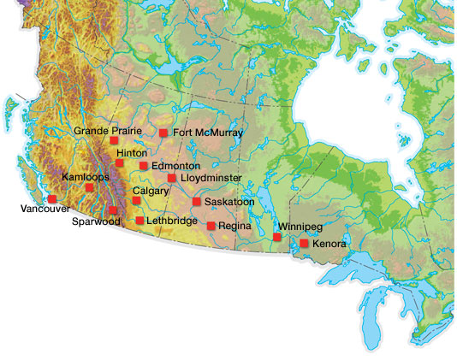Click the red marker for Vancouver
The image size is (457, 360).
(52, 198)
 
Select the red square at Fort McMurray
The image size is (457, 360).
(163, 133)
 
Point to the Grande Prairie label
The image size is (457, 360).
(107, 131)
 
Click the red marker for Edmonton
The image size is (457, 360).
(144, 165)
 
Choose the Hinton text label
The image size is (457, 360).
(132, 153)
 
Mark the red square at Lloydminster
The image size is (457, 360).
(172, 178)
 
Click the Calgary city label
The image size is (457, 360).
(151, 191)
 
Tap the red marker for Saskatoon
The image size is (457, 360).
(197, 202)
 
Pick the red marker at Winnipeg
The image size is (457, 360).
(277, 236)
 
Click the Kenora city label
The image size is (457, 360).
(329, 245)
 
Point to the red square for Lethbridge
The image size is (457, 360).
(140, 221)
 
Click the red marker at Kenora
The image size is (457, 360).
(304, 244)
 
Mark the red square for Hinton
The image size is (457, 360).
(119, 162)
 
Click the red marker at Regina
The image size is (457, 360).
(211, 225)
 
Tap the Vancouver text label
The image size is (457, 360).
(45, 209)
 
